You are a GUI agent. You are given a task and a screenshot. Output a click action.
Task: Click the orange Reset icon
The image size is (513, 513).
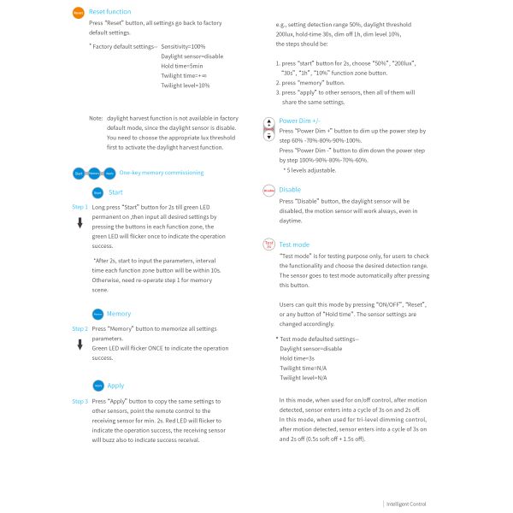[78, 13]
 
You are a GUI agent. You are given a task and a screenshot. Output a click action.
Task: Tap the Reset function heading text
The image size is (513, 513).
[110, 11]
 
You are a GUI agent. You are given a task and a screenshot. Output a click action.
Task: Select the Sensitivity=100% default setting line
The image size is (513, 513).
[183, 45]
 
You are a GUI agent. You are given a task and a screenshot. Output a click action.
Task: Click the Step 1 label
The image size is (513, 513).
[80, 207]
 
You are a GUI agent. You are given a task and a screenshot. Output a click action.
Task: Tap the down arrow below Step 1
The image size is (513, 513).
[80, 223]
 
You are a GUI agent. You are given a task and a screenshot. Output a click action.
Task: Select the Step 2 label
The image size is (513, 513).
[80, 328]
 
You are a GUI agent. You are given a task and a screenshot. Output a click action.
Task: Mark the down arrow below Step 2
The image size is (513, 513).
[80, 345]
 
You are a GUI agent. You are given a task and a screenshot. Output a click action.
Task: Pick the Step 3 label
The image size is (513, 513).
[80, 401]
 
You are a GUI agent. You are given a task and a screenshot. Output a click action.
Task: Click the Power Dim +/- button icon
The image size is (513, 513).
[268, 129]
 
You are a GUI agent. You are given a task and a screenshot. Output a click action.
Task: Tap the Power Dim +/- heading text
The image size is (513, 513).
[300, 121]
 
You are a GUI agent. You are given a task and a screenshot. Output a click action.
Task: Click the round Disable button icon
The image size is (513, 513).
[268, 190]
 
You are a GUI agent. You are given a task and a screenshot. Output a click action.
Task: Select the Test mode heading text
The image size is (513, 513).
[295, 245]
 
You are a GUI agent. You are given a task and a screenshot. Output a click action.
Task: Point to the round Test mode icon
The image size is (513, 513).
[268, 245]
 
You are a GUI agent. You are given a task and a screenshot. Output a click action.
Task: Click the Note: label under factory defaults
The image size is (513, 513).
[96, 117]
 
